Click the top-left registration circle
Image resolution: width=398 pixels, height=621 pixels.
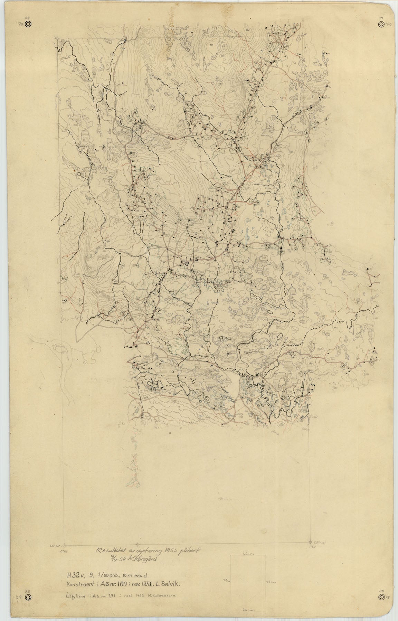click(x=28, y=24)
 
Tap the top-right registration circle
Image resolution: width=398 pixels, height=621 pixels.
click(x=381, y=24)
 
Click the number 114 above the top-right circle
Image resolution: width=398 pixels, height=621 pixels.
click(x=381, y=18)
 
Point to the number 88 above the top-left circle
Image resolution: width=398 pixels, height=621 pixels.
click(x=28, y=18)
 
